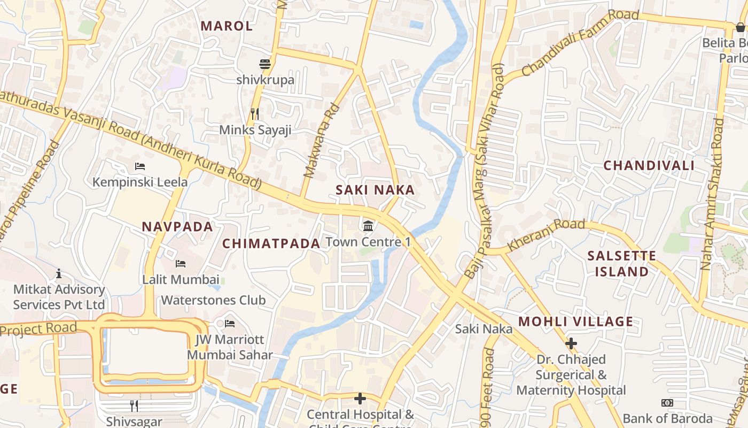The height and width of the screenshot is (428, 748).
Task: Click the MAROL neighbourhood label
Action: click(226, 26)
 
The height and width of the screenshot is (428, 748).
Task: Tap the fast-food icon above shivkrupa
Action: click(265, 65)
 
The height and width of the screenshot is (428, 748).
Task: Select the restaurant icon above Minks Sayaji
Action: click(255, 113)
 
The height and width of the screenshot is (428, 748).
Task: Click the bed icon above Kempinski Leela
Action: click(140, 166)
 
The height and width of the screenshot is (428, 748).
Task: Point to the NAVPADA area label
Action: click(177, 226)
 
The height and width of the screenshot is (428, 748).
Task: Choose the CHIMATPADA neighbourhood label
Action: click(271, 243)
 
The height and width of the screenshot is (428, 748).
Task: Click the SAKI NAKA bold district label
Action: click(375, 190)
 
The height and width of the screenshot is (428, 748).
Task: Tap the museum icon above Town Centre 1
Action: click(368, 226)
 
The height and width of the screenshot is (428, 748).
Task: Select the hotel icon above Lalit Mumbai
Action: click(181, 264)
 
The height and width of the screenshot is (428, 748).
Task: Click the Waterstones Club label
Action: click(213, 300)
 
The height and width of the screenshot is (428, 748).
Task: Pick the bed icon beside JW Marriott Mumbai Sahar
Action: click(230, 324)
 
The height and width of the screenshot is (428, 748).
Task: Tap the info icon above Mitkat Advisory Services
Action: click(59, 274)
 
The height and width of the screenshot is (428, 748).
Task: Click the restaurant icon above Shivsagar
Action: click(134, 406)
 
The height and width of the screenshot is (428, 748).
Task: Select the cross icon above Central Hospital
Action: click(360, 399)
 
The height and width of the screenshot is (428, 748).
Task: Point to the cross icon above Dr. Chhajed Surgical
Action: click(571, 343)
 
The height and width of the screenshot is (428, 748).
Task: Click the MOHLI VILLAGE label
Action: click(575, 322)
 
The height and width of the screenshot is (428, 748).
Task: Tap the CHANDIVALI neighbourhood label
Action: click(649, 165)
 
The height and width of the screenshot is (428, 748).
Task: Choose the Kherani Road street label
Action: click(546, 234)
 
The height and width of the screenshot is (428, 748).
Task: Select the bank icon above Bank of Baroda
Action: click(667, 403)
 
